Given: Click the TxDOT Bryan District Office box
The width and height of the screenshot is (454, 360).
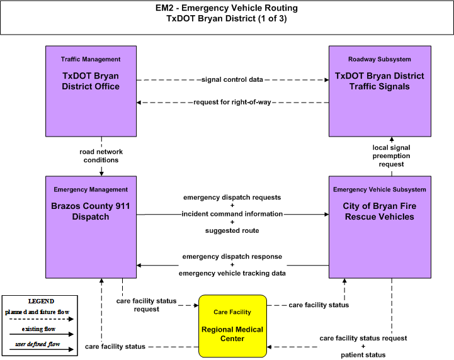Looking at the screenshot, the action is [x=91, y=91].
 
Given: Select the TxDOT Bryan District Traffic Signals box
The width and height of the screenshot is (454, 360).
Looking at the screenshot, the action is [x=380, y=91].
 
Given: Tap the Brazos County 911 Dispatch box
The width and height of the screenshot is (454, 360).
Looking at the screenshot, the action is [x=91, y=227].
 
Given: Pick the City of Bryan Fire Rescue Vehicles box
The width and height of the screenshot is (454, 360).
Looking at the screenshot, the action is [x=380, y=227].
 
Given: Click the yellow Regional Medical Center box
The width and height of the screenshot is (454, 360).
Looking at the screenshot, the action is [x=232, y=326].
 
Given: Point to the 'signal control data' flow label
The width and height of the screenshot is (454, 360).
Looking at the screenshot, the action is [x=232, y=79].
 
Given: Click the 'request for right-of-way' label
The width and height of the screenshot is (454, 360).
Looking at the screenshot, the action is [x=232, y=102].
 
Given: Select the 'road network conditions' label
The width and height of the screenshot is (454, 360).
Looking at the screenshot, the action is [x=101, y=156].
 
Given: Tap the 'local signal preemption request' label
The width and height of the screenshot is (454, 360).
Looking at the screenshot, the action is [x=391, y=155].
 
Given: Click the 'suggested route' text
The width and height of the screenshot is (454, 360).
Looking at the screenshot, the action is [x=232, y=230].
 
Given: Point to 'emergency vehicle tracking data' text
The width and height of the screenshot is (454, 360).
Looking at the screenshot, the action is [x=232, y=273].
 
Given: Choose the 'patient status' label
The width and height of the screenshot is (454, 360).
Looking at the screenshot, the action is [x=363, y=355].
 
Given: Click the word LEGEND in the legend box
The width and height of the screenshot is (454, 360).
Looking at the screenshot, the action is [x=41, y=301].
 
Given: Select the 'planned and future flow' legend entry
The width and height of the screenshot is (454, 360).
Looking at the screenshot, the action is [x=37, y=312].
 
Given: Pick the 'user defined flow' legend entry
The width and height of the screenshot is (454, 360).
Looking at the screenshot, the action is [x=38, y=344].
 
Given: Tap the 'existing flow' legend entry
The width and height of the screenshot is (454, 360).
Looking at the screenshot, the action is [x=38, y=329].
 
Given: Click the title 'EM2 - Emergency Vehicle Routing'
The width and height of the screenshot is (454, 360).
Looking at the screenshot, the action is [x=227, y=8].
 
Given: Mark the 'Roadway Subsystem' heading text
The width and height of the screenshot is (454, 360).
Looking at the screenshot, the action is [x=380, y=59].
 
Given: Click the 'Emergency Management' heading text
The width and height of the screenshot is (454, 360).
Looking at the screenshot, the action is [x=91, y=189].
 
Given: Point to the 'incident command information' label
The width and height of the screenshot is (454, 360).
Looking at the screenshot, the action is [x=232, y=214].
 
